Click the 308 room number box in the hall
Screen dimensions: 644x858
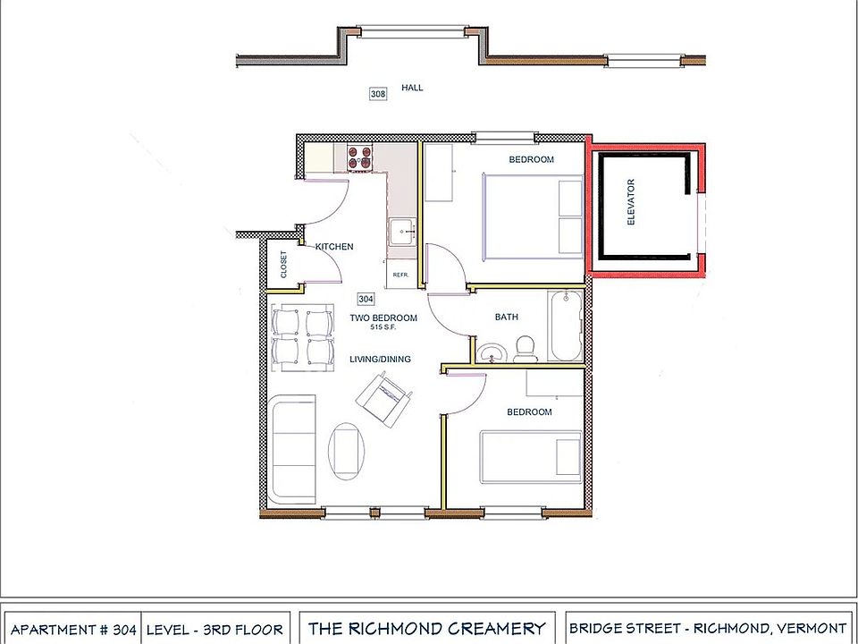[x=379, y=93]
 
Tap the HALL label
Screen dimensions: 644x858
[x=412, y=88]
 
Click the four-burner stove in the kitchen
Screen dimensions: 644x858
[x=359, y=157]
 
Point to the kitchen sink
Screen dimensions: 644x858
[x=401, y=231]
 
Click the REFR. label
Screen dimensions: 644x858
[x=400, y=275]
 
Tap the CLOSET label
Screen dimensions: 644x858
[x=284, y=265]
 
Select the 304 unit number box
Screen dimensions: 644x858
[x=366, y=299]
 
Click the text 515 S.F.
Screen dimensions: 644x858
[x=383, y=327]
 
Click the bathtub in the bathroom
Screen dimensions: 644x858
[x=566, y=326]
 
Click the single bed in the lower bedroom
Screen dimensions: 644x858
[x=531, y=456]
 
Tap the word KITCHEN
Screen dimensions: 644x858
[x=334, y=247]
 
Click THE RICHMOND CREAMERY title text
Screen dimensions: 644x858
[x=426, y=629]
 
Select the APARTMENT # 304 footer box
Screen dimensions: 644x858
[x=73, y=630]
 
